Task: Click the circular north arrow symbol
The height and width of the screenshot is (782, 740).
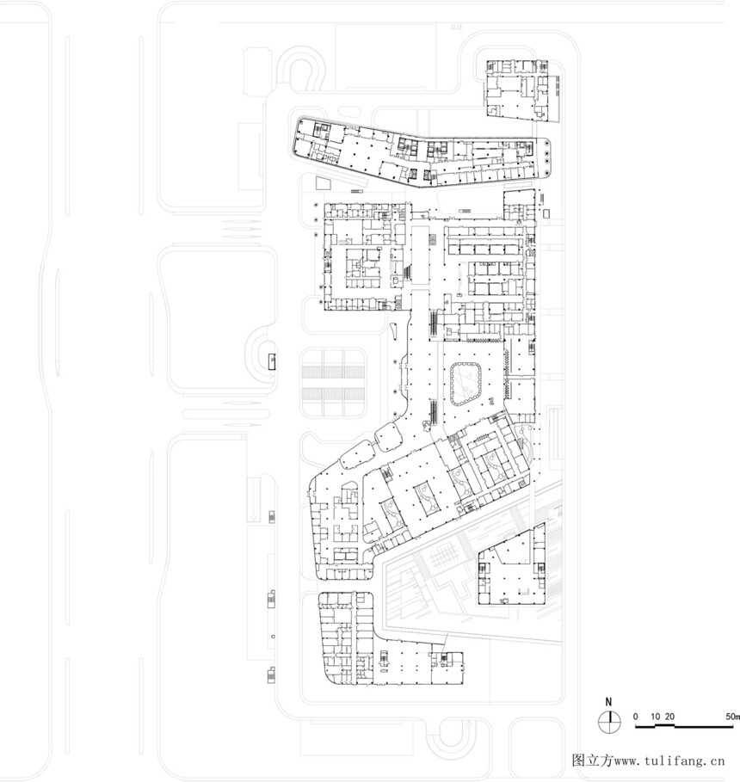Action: [609, 721]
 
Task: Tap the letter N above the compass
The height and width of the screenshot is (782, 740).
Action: [608, 702]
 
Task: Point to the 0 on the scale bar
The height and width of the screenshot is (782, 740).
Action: [635, 717]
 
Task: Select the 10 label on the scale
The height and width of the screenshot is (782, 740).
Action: [655, 717]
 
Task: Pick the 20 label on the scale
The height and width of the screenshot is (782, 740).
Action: [669, 717]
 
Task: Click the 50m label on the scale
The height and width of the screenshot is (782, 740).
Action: [732, 717]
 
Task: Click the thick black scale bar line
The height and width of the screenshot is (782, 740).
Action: [687, 726]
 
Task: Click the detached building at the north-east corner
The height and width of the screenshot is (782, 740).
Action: [520, 90]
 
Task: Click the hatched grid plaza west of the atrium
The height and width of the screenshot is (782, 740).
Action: [333, 383]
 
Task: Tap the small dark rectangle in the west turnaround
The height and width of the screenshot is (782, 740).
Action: [272, 361]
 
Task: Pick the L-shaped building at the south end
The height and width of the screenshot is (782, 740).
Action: [389, 640]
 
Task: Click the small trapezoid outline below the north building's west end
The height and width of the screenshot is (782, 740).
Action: [323, 182]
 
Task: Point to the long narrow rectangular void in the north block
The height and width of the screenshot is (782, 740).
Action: [420, 255]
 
